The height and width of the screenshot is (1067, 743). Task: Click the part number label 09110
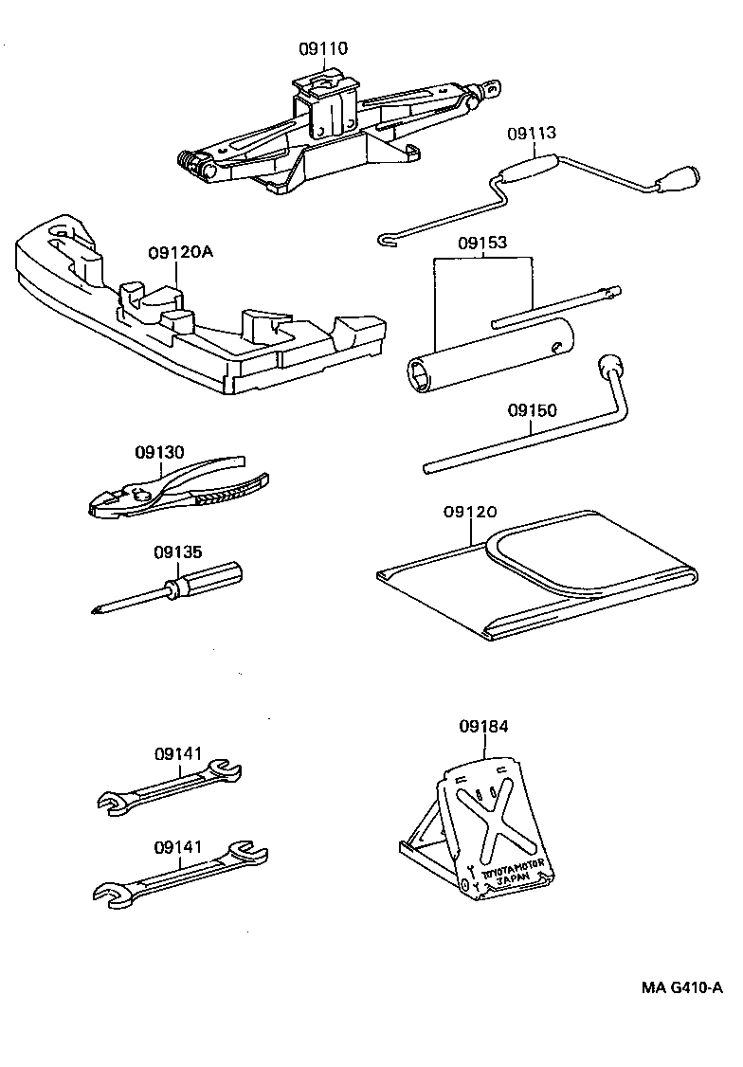point(322,47)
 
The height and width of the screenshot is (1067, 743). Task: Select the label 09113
point(531,134)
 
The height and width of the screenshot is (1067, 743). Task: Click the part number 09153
point(483,243)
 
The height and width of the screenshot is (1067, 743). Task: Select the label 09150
point(532,410)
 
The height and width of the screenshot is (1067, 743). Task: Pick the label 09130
point(160,452)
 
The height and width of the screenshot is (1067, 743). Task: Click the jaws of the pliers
point(114,502)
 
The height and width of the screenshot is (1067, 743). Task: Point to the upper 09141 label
point(179,753)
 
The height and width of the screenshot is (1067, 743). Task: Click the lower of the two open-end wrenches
point(180,872)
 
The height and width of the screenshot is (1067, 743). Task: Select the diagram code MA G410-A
point(681,987)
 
